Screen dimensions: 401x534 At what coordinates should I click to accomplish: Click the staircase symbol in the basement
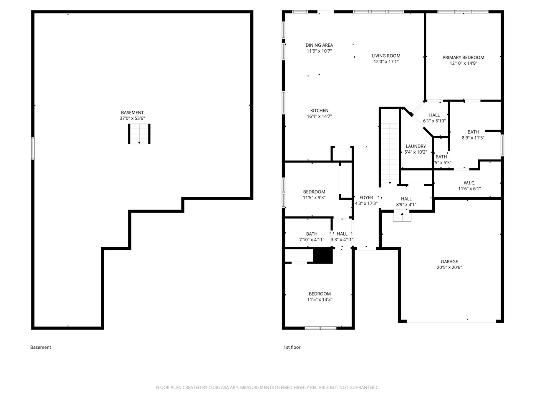139,134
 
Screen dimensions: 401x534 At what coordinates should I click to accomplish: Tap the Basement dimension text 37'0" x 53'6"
132,119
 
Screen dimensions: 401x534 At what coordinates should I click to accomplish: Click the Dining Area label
319,45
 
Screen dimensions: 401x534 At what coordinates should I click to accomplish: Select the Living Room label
386,56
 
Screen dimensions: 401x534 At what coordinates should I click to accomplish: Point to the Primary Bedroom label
463,58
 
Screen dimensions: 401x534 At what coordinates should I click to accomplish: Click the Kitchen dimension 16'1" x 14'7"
319,117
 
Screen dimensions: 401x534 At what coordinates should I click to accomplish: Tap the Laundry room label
416,147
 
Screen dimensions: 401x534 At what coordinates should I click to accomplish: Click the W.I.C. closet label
469,183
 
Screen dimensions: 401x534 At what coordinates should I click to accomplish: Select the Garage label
449,261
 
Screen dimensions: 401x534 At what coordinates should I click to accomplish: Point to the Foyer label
366,198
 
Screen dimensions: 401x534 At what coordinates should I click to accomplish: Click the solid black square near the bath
322,256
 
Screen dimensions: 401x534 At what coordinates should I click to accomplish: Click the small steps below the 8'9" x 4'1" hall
402,217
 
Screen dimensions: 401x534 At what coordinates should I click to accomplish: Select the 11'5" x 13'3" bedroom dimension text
320,299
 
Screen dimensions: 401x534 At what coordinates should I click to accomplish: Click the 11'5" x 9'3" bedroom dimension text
314,198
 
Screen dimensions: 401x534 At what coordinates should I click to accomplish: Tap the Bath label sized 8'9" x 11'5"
473,132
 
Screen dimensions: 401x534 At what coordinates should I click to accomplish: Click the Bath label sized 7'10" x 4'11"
312,234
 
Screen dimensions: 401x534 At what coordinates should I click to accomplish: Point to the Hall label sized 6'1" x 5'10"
434,115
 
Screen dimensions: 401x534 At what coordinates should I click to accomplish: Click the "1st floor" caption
292,348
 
